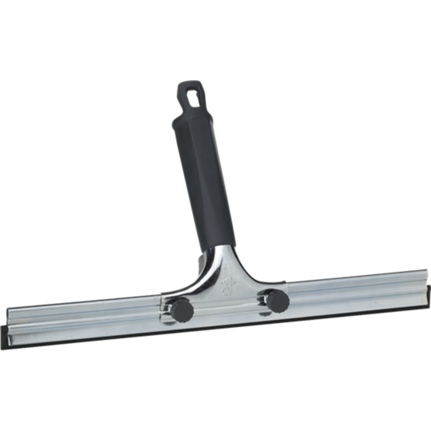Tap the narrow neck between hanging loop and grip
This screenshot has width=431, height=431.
point(185,112)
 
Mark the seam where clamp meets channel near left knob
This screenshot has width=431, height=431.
point(161,308)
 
